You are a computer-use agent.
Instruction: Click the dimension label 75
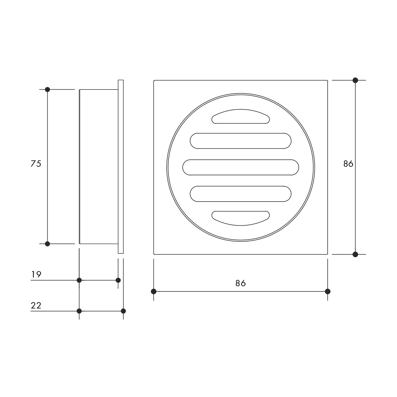36,164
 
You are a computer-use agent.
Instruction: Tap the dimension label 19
36,274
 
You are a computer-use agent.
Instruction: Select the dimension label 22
36,306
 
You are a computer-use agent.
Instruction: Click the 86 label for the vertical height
348,164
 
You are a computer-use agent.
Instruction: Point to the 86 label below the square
241,283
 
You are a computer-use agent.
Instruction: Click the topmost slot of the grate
241,116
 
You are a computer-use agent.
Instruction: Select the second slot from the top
241,141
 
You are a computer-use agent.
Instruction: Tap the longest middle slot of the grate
241,168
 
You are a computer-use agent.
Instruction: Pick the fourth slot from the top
241,194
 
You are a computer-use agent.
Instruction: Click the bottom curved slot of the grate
241,218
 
